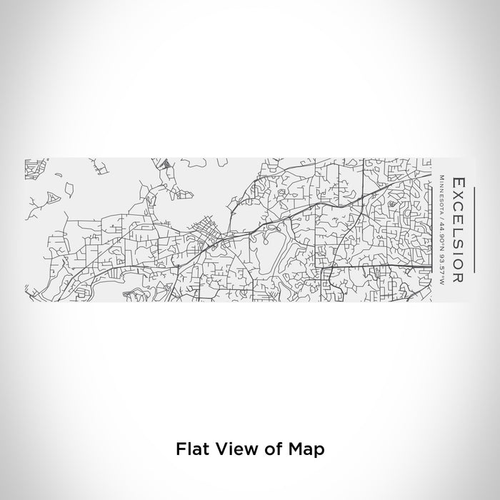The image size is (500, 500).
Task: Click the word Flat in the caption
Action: coord(189,449)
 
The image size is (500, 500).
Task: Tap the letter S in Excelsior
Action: coord(459,231)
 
